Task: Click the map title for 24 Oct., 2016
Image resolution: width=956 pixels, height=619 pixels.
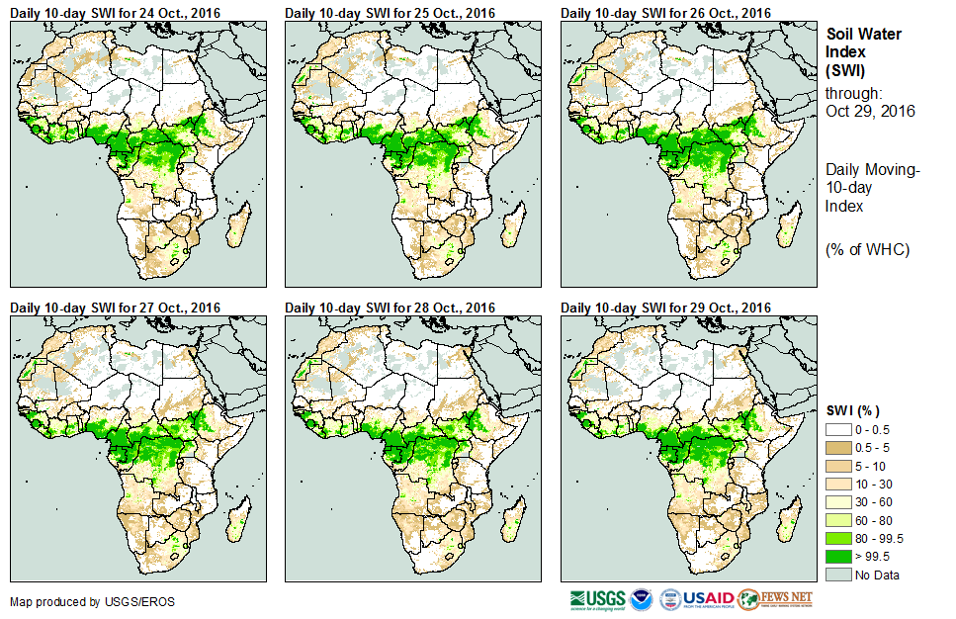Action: coord(115,12)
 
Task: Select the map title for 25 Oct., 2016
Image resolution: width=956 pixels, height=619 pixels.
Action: coord(391,12)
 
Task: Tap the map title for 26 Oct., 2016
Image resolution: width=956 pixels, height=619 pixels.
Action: coord(665,12)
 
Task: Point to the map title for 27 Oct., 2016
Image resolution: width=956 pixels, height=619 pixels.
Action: coord(115,308)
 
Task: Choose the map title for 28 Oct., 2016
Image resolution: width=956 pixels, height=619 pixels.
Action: coord(391,308)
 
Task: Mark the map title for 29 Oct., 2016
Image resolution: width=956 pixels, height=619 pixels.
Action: coord(665,308)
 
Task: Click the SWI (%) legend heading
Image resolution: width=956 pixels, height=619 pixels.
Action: coord(853,410)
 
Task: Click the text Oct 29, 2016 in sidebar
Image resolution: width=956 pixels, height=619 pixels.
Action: coord(870,111)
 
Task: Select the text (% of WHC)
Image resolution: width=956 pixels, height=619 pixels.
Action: coord(867,249)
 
